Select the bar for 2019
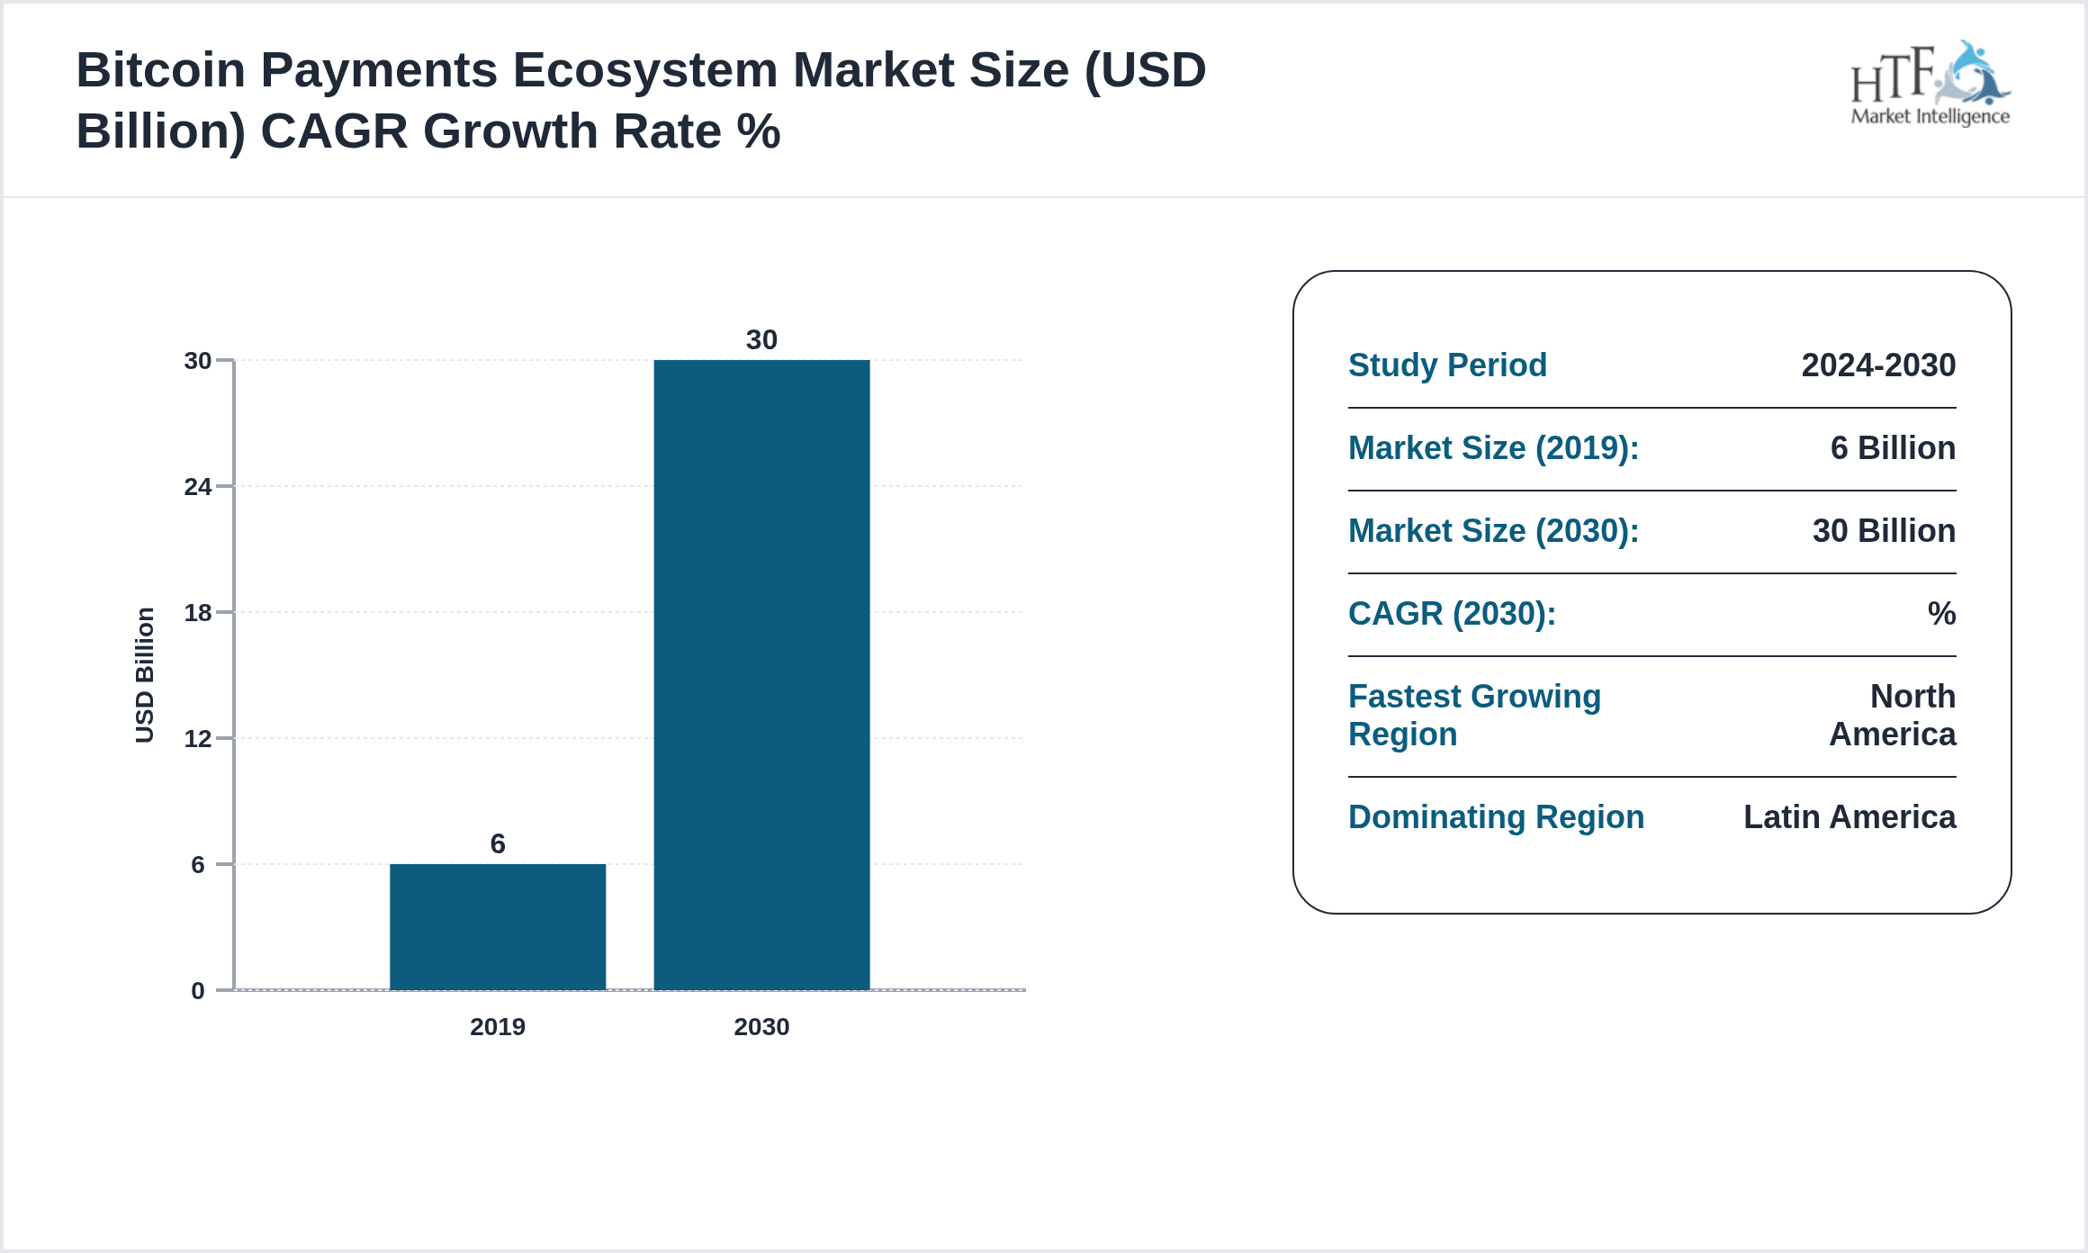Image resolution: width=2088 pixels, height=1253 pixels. point(497,926)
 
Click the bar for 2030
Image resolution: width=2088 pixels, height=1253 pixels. point(761,675)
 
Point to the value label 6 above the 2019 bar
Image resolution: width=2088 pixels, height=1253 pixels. point(497,843)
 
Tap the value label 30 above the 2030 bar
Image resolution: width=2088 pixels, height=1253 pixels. point(761,339)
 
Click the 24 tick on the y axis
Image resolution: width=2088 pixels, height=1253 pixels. point(197,487)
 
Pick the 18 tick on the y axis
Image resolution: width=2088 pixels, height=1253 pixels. point(197,613)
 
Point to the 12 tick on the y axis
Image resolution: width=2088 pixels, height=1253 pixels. point(197,739)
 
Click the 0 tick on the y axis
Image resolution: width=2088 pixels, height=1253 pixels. point(197,991)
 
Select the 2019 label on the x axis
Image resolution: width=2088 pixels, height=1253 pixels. point(497,1026)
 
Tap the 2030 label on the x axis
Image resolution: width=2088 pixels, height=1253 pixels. point(761,1026)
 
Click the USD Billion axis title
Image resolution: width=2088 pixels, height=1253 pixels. point(144,675)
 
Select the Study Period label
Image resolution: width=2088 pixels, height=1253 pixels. point(1447,365)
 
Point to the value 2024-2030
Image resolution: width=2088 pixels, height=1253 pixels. point(1878,365)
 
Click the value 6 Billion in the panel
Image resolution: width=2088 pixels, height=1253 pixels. point(1893,448)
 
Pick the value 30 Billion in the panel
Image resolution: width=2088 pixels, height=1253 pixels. point(1884,531)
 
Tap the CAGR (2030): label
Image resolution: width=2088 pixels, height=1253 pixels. point(1452,614)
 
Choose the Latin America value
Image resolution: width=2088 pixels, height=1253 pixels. point(1849,817)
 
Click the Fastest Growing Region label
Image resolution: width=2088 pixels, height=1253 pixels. point(1474,716)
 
